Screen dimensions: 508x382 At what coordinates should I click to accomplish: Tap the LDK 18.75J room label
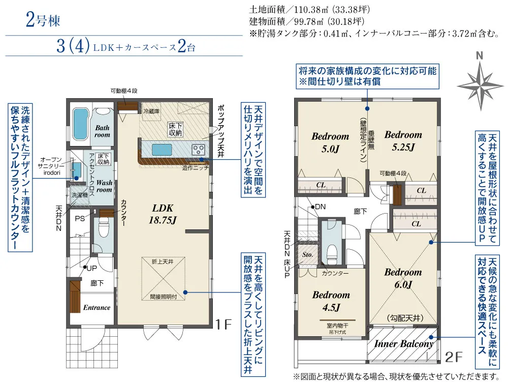(163, 214)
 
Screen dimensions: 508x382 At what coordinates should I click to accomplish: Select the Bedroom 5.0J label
(330, 142)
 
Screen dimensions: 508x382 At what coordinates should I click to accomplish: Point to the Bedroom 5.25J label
(403, 141)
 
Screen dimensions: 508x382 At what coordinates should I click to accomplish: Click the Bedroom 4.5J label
(331, 301)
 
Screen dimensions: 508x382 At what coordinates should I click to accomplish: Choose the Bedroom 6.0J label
(403, 278)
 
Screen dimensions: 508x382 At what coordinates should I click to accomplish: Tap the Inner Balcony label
(404, 344)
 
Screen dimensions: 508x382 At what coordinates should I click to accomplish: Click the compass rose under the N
(480, 86)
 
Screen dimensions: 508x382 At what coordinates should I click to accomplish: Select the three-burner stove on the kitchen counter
(198, 150)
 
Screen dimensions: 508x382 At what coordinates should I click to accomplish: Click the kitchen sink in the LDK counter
(162, 150)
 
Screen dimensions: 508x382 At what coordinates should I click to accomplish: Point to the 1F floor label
(224, 324)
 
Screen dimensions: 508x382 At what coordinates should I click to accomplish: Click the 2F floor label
(453, 358)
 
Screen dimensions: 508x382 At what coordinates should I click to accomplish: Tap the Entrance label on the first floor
(97, 307)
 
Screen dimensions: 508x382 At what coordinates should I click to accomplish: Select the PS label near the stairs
(80, 219)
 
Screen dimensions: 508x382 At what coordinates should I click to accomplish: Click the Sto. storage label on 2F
(307, 254)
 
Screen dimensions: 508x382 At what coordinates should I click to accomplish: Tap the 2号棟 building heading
(43, 20)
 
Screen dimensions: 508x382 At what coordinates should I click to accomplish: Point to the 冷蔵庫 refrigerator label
(151, 111)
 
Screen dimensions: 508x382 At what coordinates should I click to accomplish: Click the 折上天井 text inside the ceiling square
(163, 261)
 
